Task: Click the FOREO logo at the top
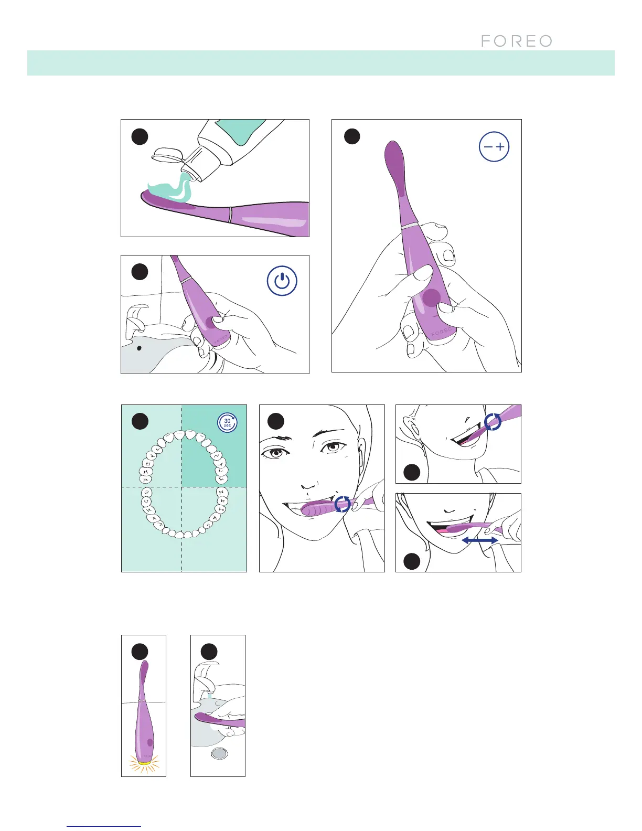516,41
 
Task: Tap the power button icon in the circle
282,281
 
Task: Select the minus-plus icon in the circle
494,147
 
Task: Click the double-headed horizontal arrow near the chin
479,540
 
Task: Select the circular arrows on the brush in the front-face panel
343,504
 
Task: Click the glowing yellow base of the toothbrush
143,760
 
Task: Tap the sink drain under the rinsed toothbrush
219,754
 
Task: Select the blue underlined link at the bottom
104,826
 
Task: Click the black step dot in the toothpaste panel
140,136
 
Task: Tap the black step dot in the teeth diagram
140,421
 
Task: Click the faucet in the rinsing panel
205,674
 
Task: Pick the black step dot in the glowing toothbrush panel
140,652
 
